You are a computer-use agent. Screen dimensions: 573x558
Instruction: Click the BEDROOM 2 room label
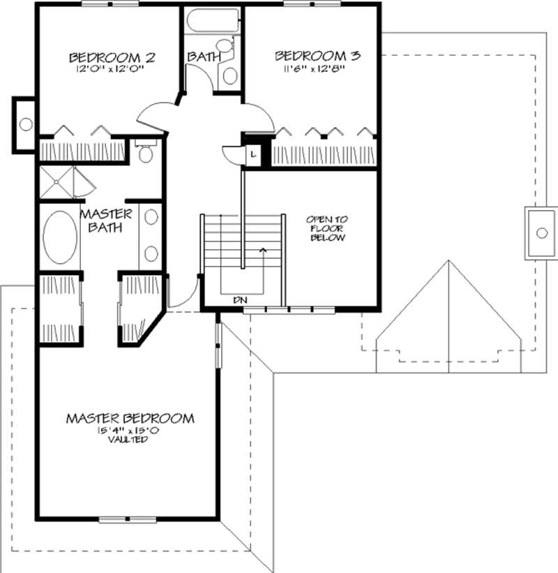point(111,57)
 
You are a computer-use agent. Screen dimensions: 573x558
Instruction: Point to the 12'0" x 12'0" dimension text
point(111,69)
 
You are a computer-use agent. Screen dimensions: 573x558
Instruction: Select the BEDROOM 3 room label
point(317,55)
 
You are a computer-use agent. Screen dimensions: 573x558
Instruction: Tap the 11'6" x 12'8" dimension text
point(317,68)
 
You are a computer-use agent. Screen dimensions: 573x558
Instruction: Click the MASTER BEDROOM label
point(130,419)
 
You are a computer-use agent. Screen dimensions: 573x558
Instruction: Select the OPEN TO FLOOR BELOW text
point(326,229)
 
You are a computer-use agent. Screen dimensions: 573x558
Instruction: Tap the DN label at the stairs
point(241,299)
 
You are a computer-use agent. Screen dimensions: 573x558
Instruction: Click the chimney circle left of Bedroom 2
point(25,124)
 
